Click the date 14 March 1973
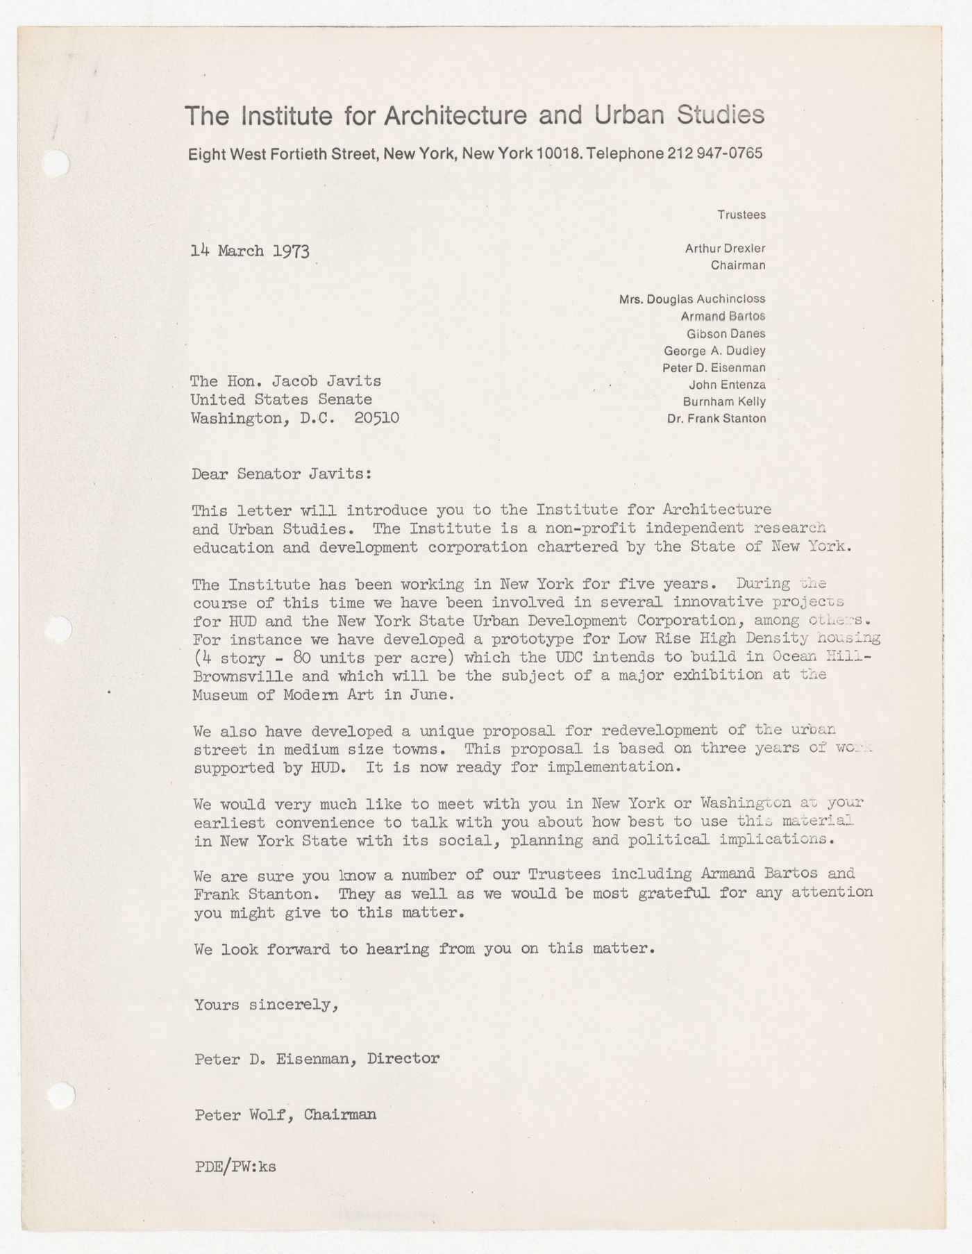tap(250, 251)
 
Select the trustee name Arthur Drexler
tap(725, 248)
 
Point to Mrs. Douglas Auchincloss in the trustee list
tap(692, 299)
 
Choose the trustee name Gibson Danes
tap(726, 333)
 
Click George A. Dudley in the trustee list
tap(714, 351)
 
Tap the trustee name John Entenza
tap(727, 385)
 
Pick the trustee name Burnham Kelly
tap(724, 401)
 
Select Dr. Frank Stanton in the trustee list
tap(716, 419)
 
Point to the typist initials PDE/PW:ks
tap(235, 1167)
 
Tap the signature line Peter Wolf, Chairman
tap(285, 1114)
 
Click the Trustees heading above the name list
tap(741, 215)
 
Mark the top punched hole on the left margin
tap(57, 164)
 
